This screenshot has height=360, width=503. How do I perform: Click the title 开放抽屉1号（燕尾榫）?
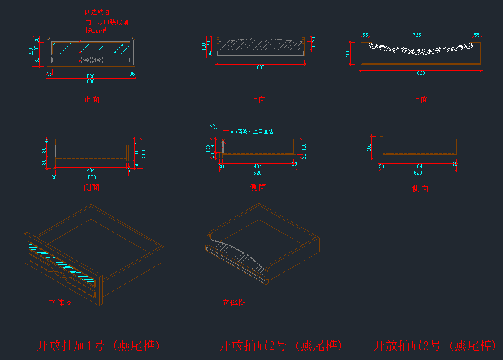click(99, 346)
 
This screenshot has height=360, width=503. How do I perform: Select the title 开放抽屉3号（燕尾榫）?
click(436, 346)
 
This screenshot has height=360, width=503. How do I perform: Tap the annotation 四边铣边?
click(97, 12)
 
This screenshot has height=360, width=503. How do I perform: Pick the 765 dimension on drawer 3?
click(416, 35)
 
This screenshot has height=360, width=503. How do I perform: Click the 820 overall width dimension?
click(421, 73)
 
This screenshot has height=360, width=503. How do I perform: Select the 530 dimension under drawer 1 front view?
click(91, 76)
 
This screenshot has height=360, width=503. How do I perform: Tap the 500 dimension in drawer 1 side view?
click(91, 178)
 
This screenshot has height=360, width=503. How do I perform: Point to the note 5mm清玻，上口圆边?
click(251, 132)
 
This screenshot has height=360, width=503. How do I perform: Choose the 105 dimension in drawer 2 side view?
click(303, 146)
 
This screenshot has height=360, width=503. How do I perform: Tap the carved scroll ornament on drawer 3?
click(421, 48)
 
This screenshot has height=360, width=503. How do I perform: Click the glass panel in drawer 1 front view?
click(91, 48)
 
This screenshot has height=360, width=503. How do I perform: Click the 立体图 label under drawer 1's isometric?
click(61, 302)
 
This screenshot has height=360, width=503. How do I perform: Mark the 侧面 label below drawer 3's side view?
click(420, 188)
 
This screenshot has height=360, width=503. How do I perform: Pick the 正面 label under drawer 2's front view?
click(258, 99)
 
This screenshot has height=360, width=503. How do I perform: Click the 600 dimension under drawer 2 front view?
click(260, 67)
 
